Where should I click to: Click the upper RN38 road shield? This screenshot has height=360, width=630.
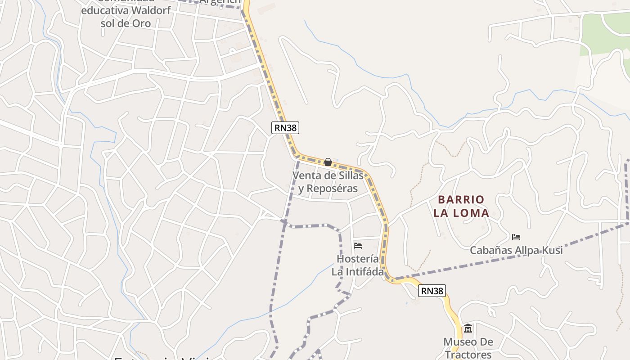[x=286, y=128]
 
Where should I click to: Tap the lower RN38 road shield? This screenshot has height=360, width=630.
[x=432, y=291]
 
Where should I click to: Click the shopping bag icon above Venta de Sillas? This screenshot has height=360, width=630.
[x=328, y=162]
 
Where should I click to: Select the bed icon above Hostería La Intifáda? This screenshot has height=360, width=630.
[x=358, y=246]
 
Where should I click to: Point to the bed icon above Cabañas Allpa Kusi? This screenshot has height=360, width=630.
[x=516, y=237]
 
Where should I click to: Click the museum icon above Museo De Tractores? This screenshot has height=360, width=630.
[x=468, y=328]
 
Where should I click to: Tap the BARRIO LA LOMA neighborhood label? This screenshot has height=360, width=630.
[x=461, y=206]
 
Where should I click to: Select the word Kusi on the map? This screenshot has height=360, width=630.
[x=552, y=250]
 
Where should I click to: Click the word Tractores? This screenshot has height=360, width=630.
[x=468, y=355]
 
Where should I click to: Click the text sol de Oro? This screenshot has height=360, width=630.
[x=126, y=23]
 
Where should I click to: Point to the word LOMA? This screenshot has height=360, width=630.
[x=471, y=213]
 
